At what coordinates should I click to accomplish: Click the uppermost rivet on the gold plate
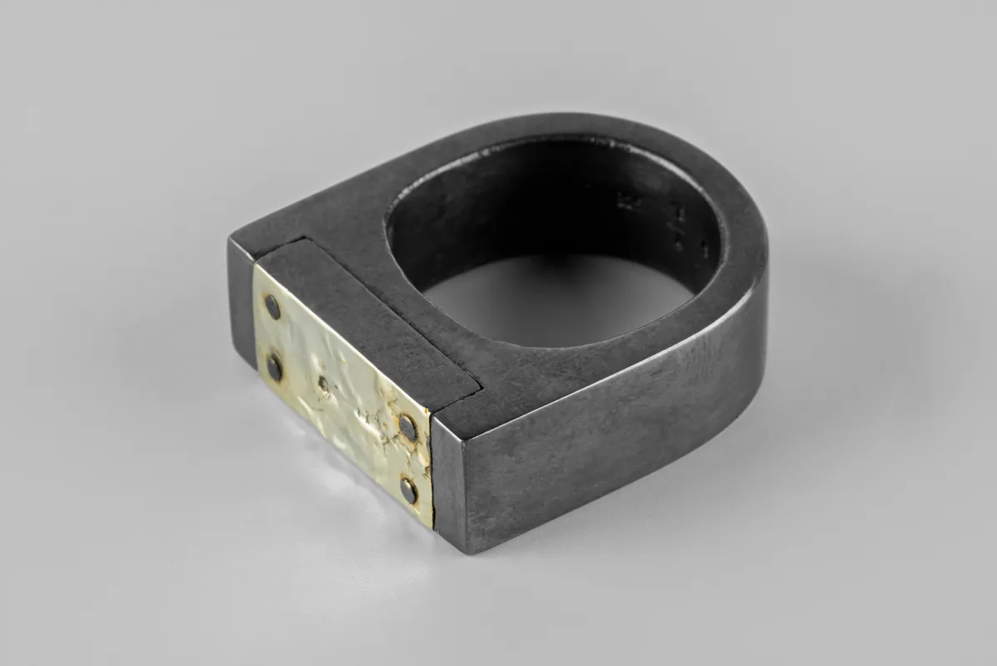point(272,308)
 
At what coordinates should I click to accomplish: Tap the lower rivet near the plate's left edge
point(274,364)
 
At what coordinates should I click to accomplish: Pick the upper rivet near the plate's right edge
point(407,428)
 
